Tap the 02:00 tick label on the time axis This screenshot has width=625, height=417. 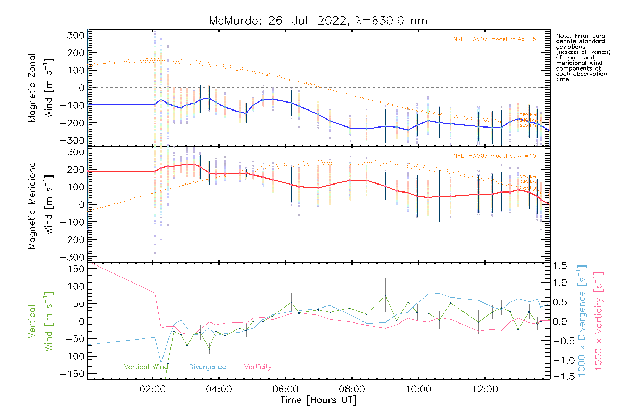click(152, 389)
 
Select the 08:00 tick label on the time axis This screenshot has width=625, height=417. click(352, 389)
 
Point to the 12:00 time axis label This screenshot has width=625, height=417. click(485, 389)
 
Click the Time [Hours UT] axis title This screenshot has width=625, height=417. click(318, 400)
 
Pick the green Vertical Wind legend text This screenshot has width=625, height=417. click(146, 367)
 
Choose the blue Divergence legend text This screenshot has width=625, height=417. click(207, 367)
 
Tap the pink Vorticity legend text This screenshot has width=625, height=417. click(258, 367)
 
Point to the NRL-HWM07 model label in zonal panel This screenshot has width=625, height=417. click(494, 39)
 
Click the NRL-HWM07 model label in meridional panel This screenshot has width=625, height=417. click(494, 156)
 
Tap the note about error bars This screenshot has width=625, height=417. click(583, 57)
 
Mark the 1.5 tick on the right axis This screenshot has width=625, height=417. click(560, 266)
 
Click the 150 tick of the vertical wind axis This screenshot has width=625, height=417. click(76, 269)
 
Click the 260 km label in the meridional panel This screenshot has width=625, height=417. click(528, 177)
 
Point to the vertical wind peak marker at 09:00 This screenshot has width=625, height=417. click(385, 295)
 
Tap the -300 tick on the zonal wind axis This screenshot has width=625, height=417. click(72, 140)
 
